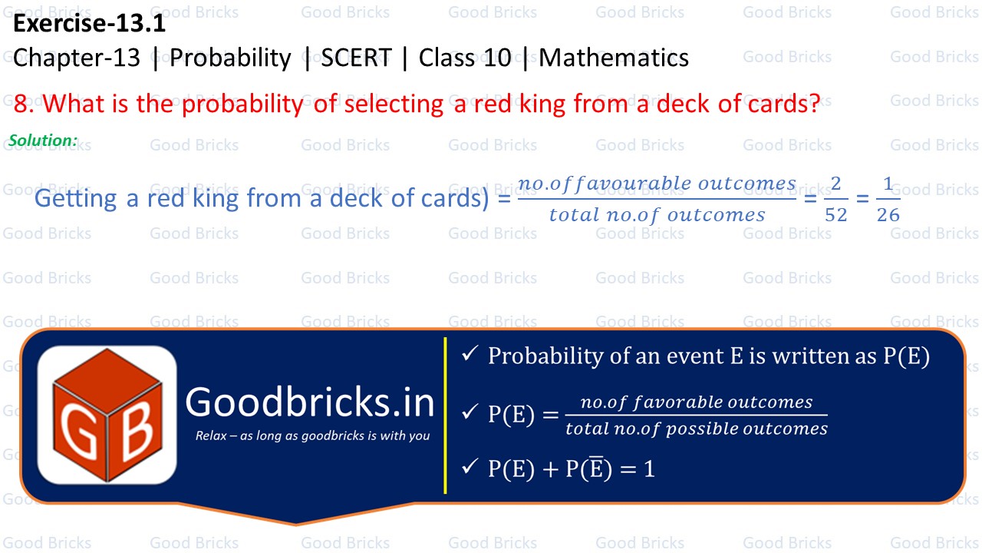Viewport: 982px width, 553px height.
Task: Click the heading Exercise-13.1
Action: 89,24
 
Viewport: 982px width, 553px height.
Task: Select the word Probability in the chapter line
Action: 230,58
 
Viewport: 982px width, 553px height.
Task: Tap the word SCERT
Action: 356,58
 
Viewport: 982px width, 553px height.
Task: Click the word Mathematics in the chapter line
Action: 614,58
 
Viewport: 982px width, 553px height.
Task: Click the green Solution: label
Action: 43,141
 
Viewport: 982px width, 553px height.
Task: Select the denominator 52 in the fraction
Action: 835,215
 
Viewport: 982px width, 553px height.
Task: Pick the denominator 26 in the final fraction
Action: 888,215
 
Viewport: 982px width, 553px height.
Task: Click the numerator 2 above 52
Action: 835,184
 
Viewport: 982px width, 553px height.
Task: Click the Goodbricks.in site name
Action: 310,402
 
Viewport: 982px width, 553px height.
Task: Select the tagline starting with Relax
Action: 312,436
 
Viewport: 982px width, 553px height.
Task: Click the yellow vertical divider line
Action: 445,415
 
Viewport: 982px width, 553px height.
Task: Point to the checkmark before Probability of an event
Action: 470,354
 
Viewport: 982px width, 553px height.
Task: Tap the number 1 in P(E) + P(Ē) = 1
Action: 649,469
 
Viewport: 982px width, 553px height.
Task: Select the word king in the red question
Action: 537,104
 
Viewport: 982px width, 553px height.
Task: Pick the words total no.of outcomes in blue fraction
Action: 657,215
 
